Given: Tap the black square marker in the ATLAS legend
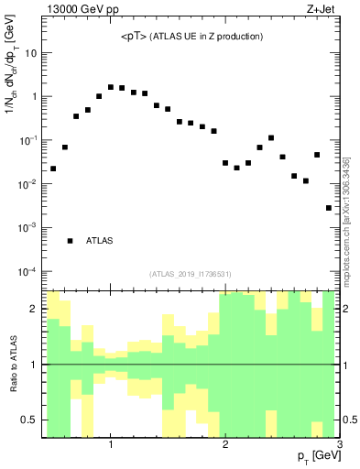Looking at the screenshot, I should click(x=70, y=241).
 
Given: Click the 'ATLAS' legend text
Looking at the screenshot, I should click(x=100, y=241).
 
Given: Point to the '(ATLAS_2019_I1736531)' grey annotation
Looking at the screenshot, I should click(x=191, y=273).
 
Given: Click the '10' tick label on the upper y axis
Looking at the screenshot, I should click(x=31, y=52).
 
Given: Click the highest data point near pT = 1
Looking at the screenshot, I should click(x=111, y=87).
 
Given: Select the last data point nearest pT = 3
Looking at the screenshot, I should click(x=329, y=208).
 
